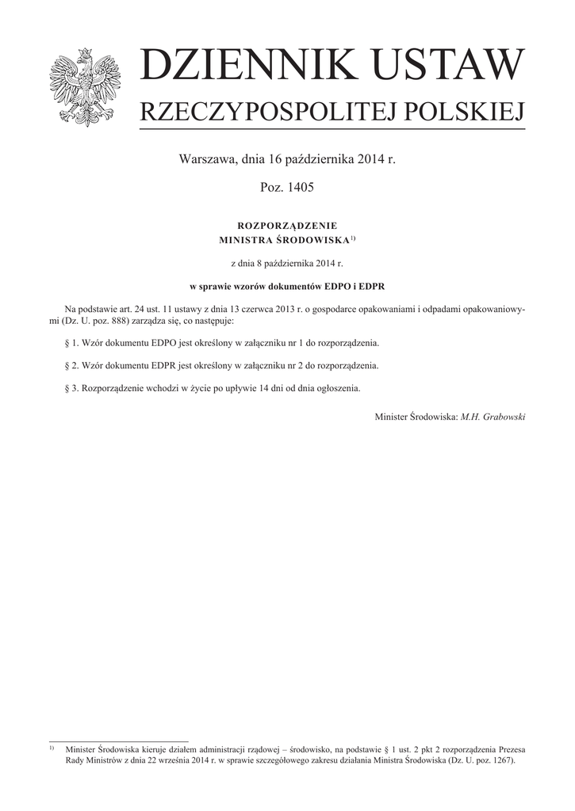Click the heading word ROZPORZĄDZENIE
click(287, 226)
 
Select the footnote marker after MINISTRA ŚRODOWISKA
click(353, 236)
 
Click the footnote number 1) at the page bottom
click(52, 748)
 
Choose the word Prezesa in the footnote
click(508, 748)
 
